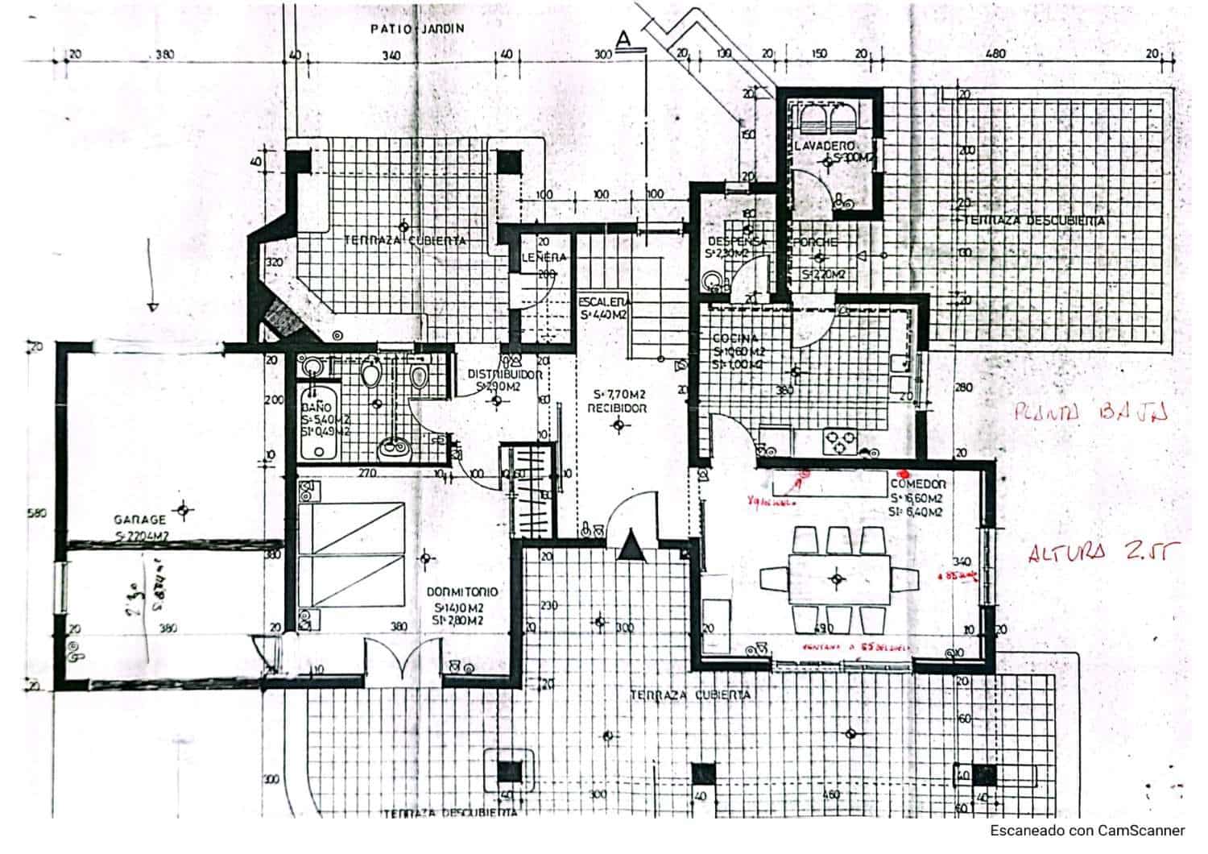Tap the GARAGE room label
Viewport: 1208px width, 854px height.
pyautogui.click(x=139, y=520)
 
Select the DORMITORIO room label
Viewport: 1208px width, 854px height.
pyautogui.click(x=465, y=592)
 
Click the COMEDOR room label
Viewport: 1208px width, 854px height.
pyautogui.click(x=917, y=484)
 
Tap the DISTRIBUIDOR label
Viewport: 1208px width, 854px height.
pyautogui.click(x=505, y=374)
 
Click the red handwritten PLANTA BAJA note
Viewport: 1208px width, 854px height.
pyautogui.click(x=1091, y=414)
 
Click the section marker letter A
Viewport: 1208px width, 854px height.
pyautogui.click(x=622, y=37)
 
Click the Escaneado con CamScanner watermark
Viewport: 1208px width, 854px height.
pyautogui.click(x=1087, y=831)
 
